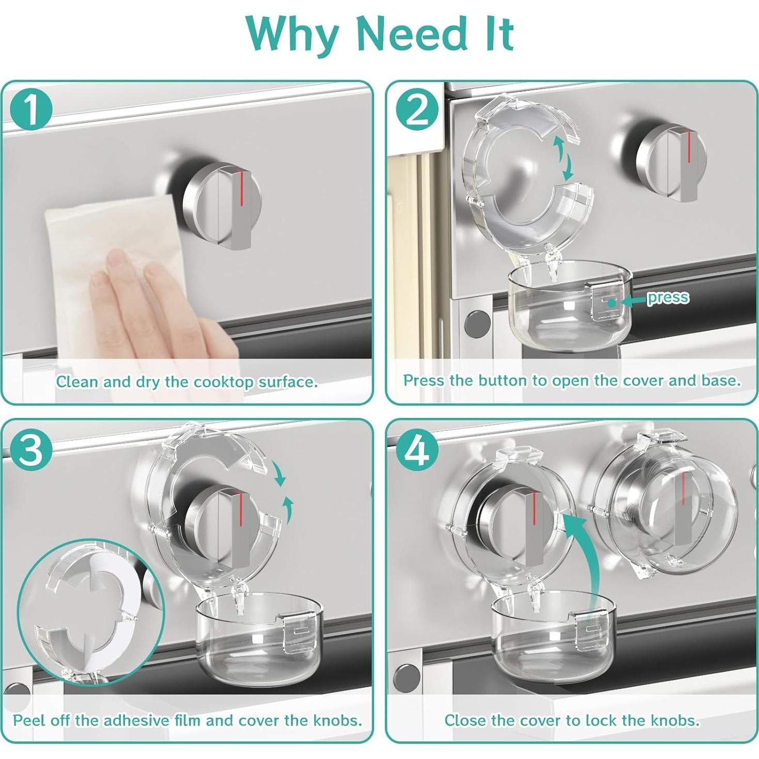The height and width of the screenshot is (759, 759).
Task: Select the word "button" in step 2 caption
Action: (x=502, y=381)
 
